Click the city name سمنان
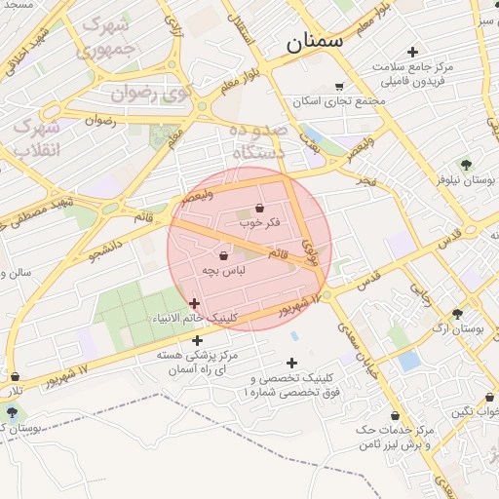tap(315, 42)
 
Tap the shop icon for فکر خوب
tap(258, 209)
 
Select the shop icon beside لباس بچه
tap(225, 255)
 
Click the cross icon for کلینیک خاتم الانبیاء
tap(194, 304)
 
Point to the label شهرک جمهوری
tap(106, 34)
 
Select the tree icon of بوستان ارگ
tap(457, 314)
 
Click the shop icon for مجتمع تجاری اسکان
tap(339, 86)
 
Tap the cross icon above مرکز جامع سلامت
tap(412, 52)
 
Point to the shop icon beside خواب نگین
tap(489, 398)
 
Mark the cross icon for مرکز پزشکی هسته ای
tap(198, 341)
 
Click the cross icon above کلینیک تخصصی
tap(291, 363)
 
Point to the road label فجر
tap(365, 181)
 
